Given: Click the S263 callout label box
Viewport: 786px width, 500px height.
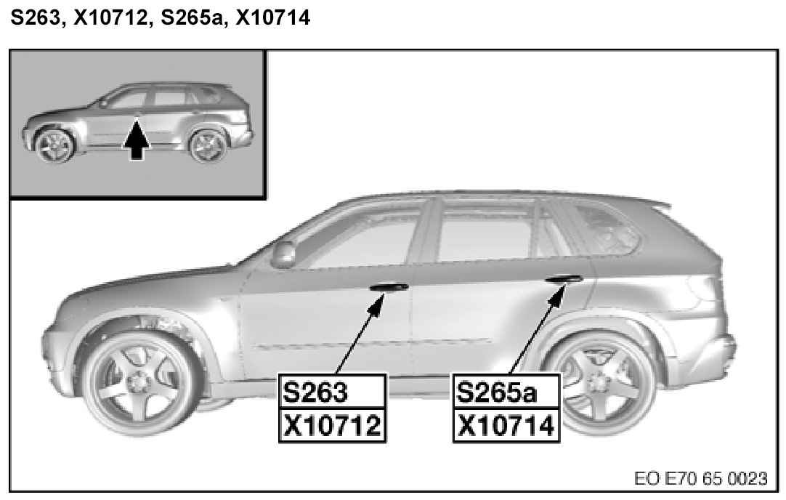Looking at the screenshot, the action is [x=331, y=393].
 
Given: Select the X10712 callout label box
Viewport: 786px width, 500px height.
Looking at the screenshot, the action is [x=331, y=425].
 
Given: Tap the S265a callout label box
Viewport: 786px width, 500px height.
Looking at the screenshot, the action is [x=506, y=393].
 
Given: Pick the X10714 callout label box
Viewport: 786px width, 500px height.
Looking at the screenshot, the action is [x=506, y=425].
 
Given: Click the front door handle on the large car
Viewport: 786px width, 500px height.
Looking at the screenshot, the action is [x=389, y=287].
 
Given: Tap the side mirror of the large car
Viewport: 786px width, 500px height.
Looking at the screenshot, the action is [x=284, y=254].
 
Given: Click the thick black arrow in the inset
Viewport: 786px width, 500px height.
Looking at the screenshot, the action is [x=136, y=142].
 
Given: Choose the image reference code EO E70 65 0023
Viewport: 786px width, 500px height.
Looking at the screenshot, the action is [x=700, y=479].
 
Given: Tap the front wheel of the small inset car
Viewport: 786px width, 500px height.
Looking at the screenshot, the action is [x=54, y=145].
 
